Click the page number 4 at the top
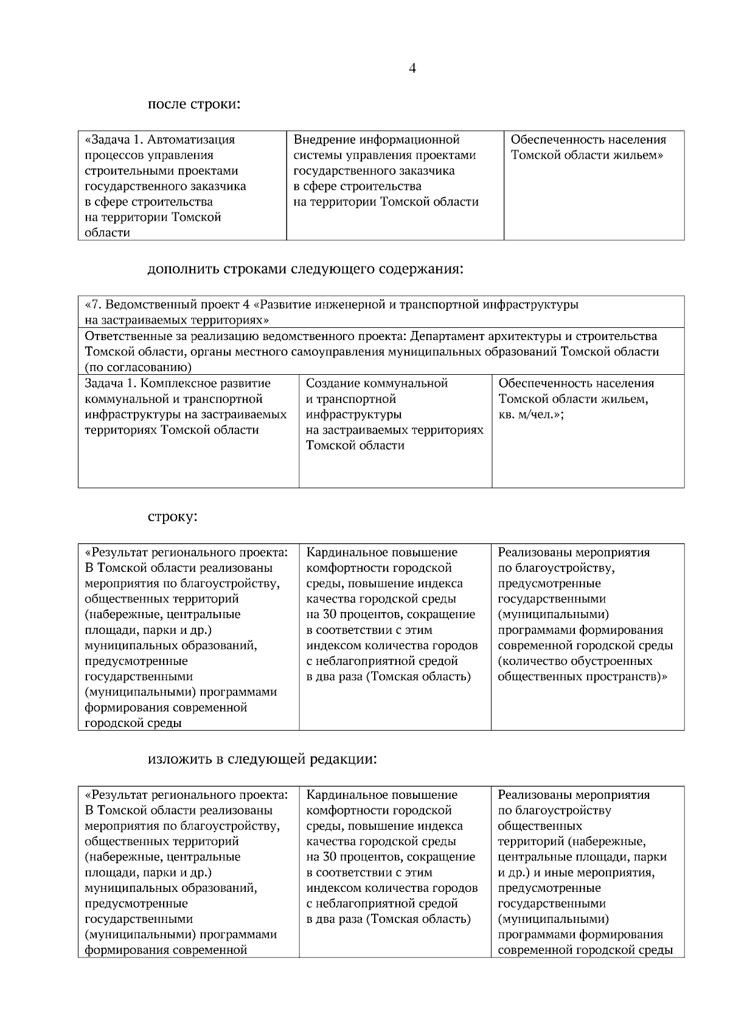(412, 69)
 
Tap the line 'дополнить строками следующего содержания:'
(305, 269)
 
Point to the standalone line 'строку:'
(173, 516)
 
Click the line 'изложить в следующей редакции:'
(262, 759)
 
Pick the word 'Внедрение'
(323, 140)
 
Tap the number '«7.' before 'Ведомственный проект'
(94, 304)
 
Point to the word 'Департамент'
(447, 336)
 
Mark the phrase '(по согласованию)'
(138, 367)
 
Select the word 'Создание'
(333, 383)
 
